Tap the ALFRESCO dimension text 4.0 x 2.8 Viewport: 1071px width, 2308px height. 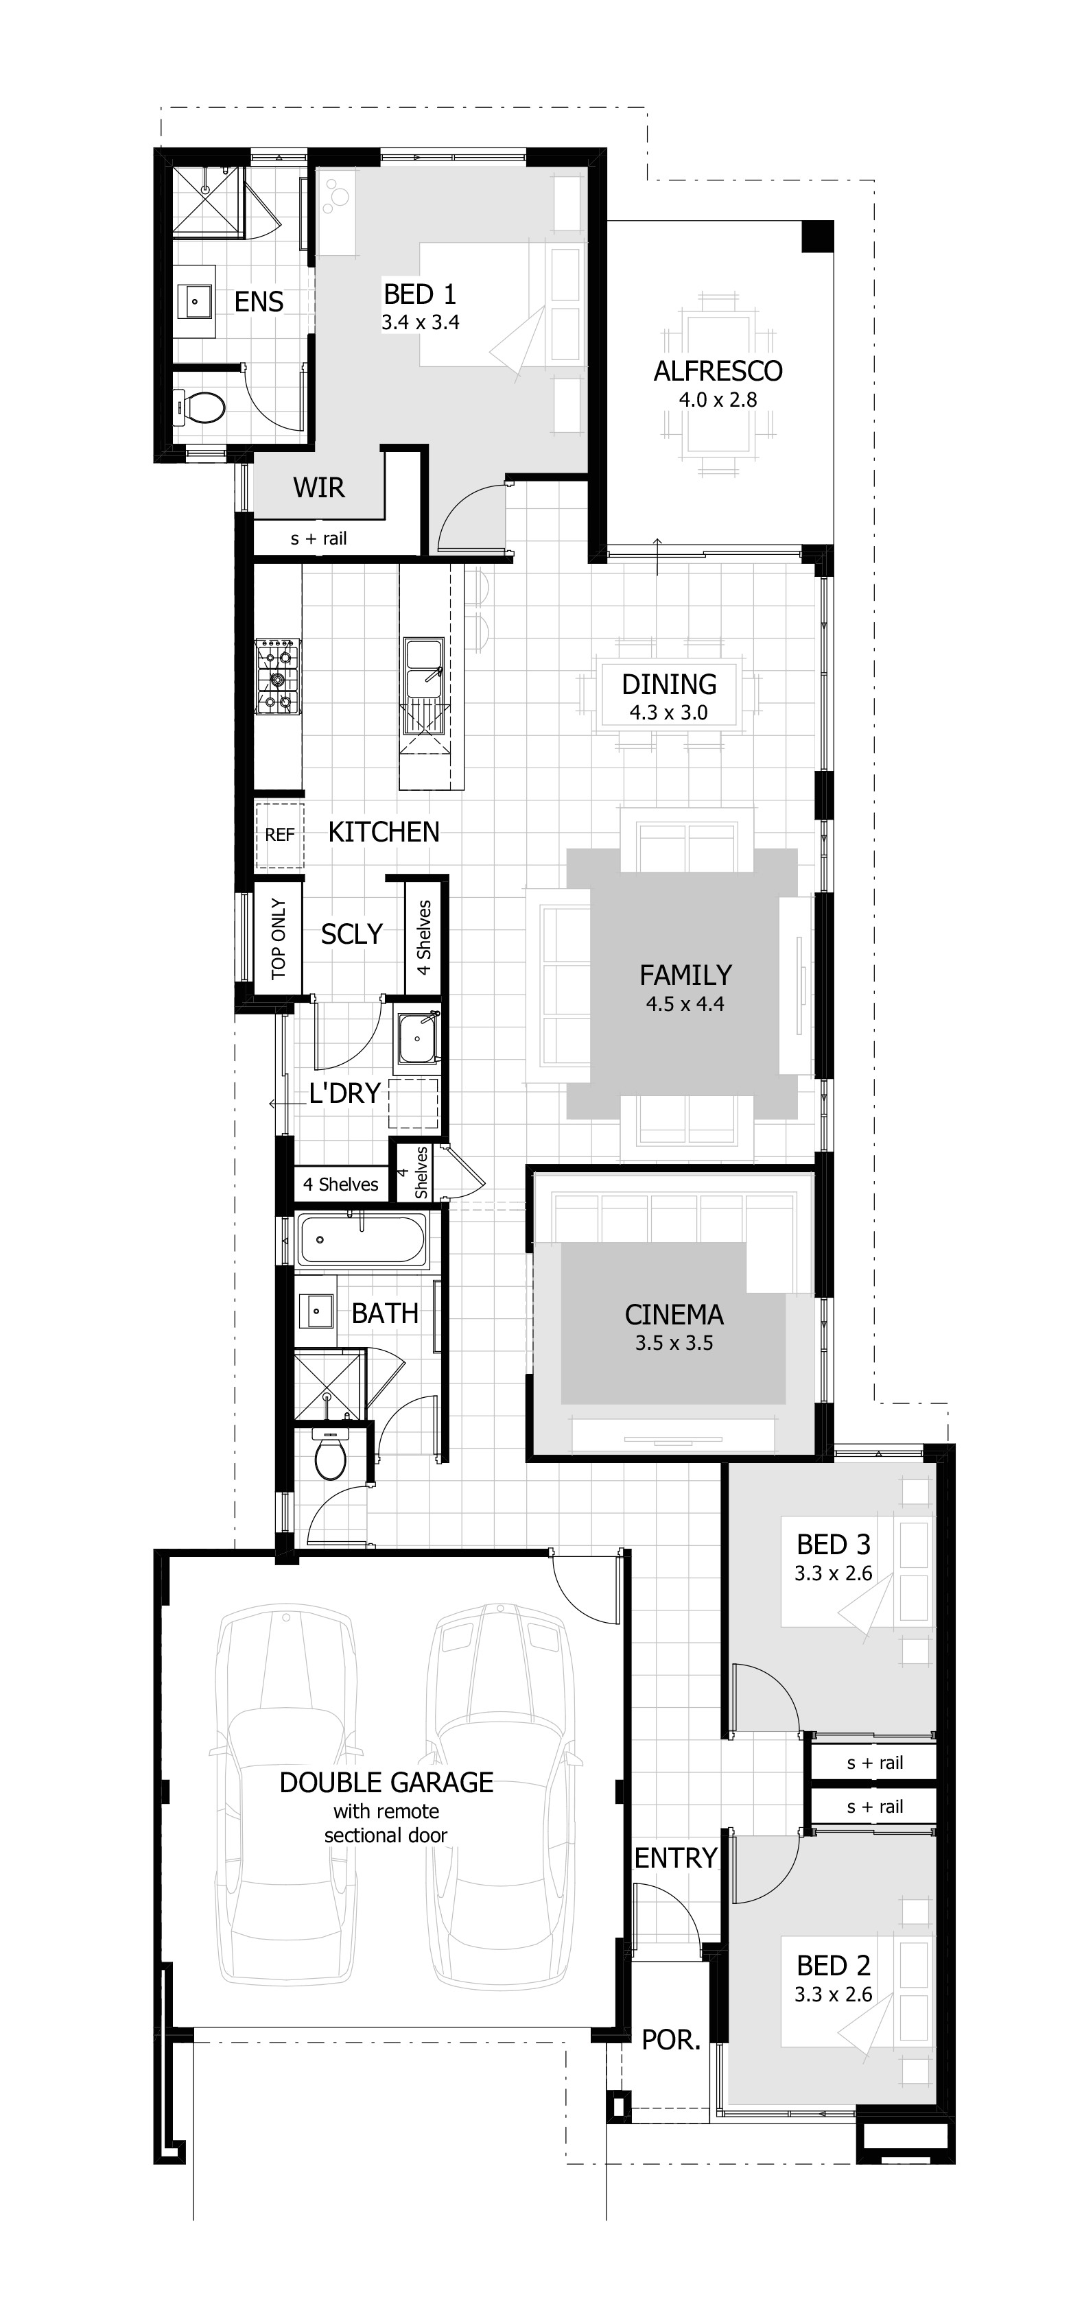tap(717, 400)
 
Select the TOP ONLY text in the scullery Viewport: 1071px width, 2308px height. tap(278, 939)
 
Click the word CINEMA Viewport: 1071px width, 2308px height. tap(673, 1314)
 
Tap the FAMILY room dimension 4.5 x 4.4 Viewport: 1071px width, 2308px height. tap(685, 1004)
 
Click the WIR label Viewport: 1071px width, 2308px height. tap(318, 488)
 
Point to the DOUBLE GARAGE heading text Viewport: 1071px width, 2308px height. tap(386, 1782)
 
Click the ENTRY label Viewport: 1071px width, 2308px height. tap(675, 1858)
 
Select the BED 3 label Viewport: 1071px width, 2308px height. tap(833, 1544)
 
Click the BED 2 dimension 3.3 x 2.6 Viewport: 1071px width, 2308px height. tap(833, 1995)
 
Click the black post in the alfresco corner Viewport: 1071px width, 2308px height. tap(816, 237)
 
